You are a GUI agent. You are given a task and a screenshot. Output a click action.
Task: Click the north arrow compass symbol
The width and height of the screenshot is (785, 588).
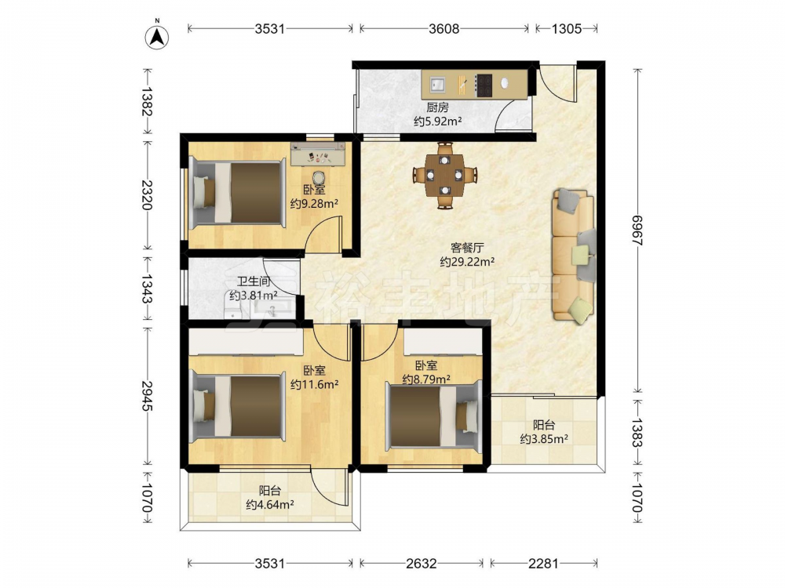[x=157, y=37]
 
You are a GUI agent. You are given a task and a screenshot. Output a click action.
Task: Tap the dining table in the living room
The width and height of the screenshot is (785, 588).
[x=444, y=175]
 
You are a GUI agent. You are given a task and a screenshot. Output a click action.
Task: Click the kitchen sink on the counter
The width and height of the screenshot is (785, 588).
[x=436, y=84]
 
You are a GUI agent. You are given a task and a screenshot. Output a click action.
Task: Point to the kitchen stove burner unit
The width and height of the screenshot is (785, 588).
[x=484, y=85]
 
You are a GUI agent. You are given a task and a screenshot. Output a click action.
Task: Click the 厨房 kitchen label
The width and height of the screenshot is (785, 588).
[x=437, y=107]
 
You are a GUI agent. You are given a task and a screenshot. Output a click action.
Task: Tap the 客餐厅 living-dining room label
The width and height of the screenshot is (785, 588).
[x=467, y=248]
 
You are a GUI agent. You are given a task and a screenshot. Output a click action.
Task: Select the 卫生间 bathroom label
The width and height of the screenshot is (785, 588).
[x=254, y=282]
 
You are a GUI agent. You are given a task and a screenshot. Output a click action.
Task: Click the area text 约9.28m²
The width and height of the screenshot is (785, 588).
[x=315, y=204]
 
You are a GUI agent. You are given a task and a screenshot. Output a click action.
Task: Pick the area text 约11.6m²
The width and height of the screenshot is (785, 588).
[x=315, y=384]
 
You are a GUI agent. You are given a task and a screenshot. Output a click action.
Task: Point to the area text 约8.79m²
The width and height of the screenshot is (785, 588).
[x=426, y=379]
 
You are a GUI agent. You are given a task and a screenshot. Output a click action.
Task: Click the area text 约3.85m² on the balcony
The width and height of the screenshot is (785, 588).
[x=544, y=439]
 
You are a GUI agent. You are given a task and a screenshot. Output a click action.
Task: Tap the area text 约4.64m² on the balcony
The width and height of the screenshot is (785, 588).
[x=270, y=504]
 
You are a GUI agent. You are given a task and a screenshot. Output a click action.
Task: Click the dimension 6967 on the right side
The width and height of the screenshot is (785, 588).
[x=637, y=230]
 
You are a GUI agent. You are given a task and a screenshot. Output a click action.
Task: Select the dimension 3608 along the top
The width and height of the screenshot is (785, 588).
[x=444, y=28]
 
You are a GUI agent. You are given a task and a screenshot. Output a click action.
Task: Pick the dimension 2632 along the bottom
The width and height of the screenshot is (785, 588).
[x=421, y=564]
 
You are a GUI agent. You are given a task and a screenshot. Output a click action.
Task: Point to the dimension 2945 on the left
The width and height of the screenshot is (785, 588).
[x=147, y=396]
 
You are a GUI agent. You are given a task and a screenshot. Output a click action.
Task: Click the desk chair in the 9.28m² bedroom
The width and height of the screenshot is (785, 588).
[x=319, y=176]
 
